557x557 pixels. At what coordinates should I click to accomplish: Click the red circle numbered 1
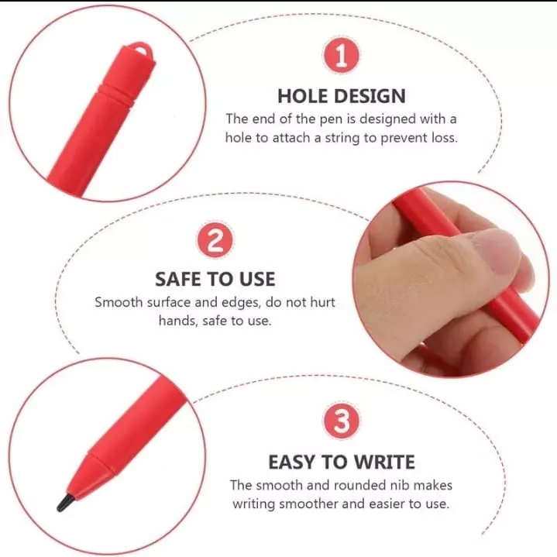341,57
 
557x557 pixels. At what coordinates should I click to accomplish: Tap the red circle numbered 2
215,240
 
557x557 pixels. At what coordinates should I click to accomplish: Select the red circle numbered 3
341,422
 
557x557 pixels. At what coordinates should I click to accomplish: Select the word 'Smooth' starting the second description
116,302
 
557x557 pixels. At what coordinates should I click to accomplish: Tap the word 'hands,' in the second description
181,320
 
